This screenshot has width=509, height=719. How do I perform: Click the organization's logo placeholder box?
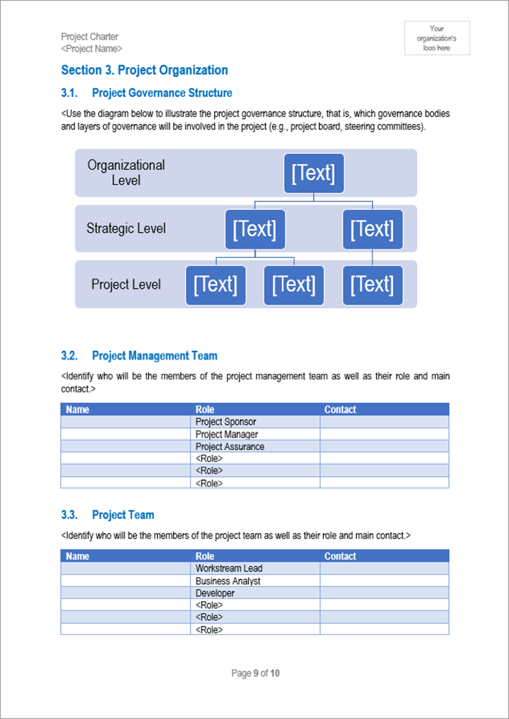[437, 38]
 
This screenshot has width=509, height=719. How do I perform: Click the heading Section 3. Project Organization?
[144, 70]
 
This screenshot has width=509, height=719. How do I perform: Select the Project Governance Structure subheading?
[162, 93]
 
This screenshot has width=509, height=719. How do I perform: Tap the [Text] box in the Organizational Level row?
[313, 174]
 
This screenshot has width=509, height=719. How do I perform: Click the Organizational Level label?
[126, 173]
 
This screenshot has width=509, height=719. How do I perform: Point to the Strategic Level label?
[126, 228]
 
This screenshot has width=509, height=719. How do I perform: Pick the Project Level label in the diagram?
[126, 284]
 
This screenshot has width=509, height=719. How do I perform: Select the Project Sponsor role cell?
[226, 422]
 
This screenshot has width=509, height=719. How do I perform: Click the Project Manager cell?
[226, 434]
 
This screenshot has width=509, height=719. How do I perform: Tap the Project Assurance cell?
[229, 446]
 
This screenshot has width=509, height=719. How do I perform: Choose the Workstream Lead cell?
[229, 568]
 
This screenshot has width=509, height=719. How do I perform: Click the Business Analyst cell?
[228, 581]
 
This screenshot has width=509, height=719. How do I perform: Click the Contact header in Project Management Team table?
[340, 410]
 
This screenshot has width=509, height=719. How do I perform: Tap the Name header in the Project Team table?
[77, 556]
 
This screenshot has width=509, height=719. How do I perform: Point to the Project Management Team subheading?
[154, 356]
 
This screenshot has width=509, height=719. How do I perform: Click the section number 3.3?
[69, 515]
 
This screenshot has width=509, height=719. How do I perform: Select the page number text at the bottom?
[255, 673]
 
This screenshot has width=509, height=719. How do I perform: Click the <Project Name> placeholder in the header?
[92, 49]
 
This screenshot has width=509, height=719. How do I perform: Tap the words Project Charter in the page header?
[89, 37]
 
